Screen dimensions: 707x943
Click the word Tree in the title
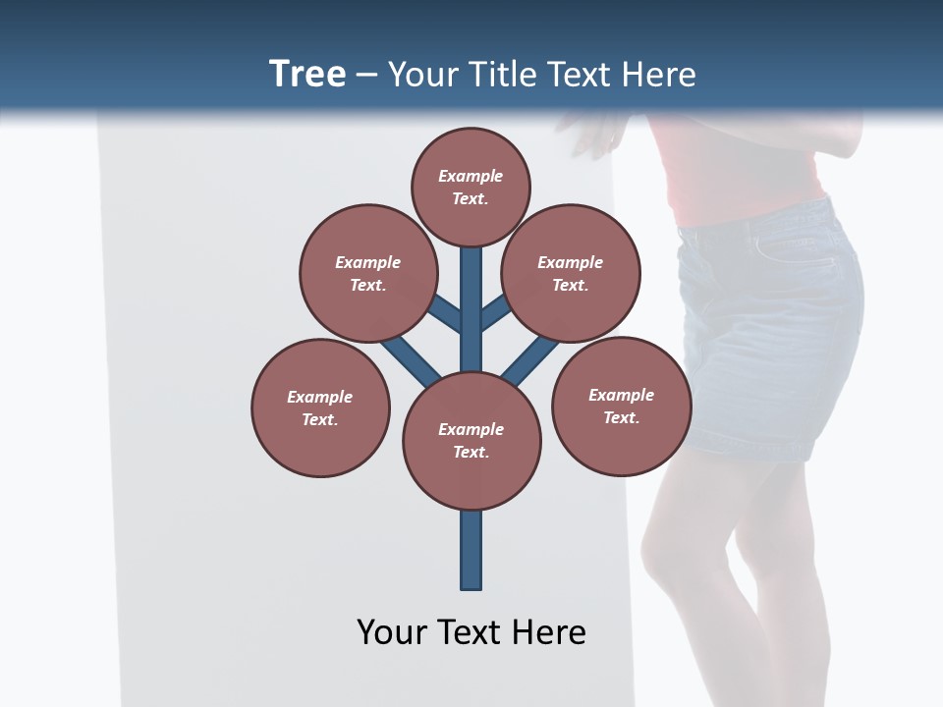pyautogui.click(x=307, y=75)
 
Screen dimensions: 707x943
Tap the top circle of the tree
pyautogui.click(x=471, y=188)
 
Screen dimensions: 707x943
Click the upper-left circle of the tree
pyautogui.click(x=367, y=274)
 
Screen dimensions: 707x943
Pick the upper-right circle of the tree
pyautogui.click(x=571, y=274)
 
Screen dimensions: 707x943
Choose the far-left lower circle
pyautogui.click(x=320, y=408)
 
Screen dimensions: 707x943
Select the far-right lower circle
pyautogui.click(x=621, y=407)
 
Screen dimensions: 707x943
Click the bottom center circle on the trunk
pyautogui.click(x=471, y=441)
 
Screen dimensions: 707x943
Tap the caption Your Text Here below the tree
pyautogui.click(x=471, y=632)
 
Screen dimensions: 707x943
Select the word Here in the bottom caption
pyautogui.click(x=550, y=632)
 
